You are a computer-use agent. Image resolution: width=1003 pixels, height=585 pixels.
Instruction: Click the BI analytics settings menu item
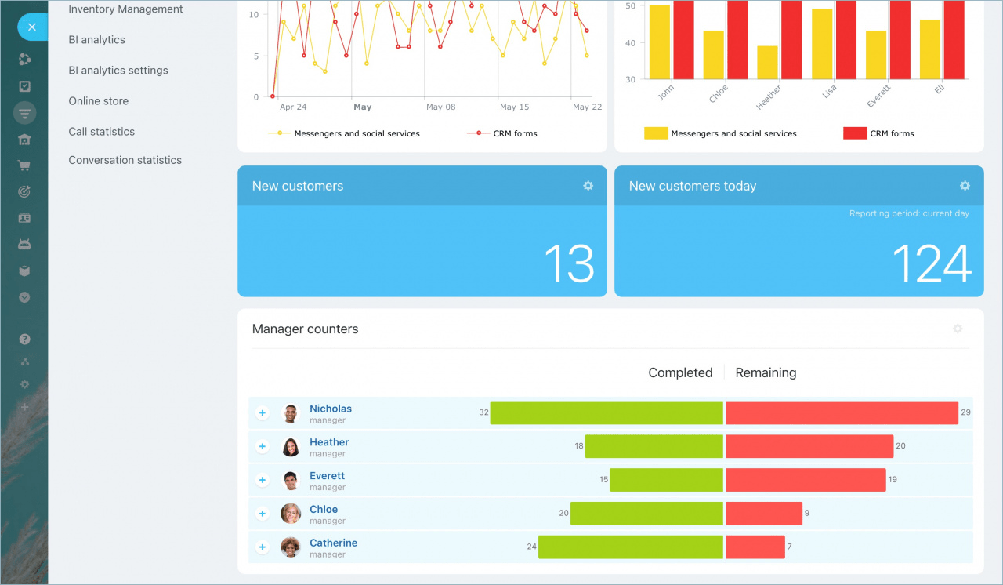click(118, 71)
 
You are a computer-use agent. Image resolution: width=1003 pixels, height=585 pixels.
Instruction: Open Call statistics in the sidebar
click(102, 132)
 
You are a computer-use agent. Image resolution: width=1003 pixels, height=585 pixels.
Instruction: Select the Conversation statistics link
click(125, 160)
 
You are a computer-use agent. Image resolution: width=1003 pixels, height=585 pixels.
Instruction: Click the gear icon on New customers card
click(588, 186)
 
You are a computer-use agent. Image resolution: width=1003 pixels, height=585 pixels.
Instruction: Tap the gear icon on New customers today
click(965, 186)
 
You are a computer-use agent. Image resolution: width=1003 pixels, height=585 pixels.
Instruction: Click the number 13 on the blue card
click(569, 263)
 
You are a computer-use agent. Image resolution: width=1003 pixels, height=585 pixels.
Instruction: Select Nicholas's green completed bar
click(607, 412)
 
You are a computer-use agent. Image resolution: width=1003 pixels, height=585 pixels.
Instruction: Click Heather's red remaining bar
click(809, 446)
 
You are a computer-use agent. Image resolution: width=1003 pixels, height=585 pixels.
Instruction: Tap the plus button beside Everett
click(263, 480)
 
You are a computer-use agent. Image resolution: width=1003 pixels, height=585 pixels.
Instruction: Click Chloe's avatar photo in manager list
click(291, 514)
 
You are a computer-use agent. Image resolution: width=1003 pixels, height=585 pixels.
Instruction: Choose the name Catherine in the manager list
click(333, 543)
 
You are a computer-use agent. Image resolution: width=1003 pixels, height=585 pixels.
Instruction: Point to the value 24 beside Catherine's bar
click(532, 547)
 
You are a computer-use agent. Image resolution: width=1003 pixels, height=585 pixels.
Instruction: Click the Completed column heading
click(680, 373)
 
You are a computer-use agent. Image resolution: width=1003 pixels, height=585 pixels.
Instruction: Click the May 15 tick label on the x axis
click(514, 107)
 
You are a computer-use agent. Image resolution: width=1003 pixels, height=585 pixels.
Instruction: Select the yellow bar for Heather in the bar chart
click(768, 62)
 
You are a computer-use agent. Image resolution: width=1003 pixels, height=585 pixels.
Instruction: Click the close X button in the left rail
click(32, 27)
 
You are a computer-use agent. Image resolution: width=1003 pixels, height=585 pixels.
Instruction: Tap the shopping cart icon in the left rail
click(25, 165)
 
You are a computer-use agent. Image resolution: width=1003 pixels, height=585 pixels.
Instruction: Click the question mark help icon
click(25, 340)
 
